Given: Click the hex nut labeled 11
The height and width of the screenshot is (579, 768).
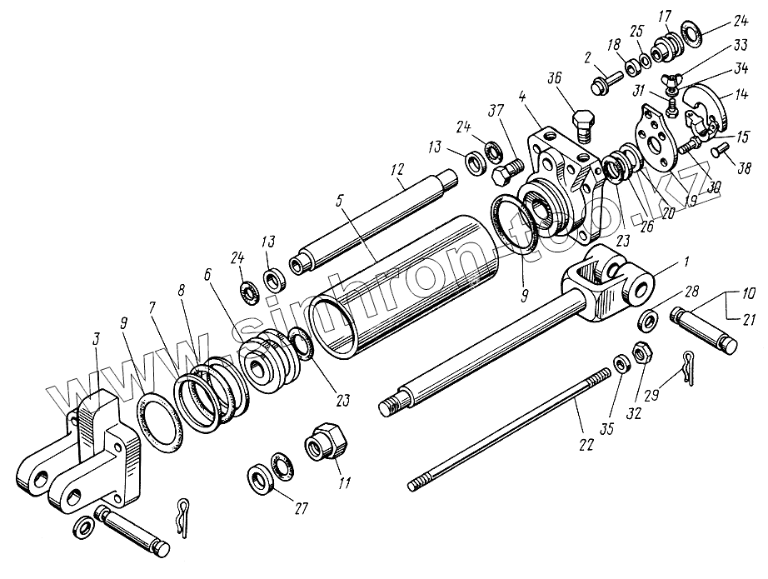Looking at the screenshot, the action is [x=323, y=439].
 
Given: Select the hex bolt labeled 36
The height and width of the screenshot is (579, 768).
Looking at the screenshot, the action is [x=582, y=125].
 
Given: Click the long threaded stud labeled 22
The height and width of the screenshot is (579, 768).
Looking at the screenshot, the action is [x=500, y=433].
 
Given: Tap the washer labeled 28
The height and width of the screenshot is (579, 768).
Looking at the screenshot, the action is [x=648, y=320].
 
